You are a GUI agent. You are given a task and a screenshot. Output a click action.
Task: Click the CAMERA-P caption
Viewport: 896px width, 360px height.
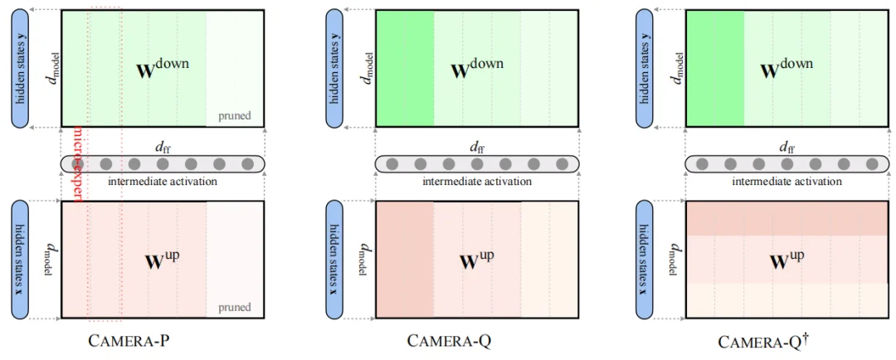pyautogui.click(x=134, y=340)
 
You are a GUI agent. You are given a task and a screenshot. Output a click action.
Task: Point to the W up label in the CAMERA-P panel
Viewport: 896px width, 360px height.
pyautogui.click(x=163, y=260)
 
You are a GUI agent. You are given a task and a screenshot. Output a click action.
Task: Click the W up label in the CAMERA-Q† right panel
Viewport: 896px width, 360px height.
pyautogui.click(x=788, y=260)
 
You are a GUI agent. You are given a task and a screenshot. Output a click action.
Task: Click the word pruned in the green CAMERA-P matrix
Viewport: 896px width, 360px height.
pyautogui.click(x=236, y=116)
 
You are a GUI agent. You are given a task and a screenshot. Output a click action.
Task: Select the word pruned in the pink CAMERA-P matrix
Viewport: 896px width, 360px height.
pyautogui.click(x=236, y=308)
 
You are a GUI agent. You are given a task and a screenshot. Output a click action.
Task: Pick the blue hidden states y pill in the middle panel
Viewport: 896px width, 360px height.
pyautogui.click(x=334, y=68)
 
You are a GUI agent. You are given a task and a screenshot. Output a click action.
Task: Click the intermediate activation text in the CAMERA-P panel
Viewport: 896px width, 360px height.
pyautogui.click(x=163, y=181)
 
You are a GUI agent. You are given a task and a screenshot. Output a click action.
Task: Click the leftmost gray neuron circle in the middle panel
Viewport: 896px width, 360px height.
pyautogui.click(x=392, y=164)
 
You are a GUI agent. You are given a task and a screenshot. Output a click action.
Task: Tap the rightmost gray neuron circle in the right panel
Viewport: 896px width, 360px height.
pyautogui.click(x=872, y=164)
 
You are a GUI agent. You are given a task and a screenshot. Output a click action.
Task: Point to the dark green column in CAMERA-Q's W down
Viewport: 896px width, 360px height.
pyautogui.click(x=405, y=68)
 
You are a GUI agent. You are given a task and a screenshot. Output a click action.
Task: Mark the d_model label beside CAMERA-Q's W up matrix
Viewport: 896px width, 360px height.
pyautogui.click(x=363, y=260)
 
